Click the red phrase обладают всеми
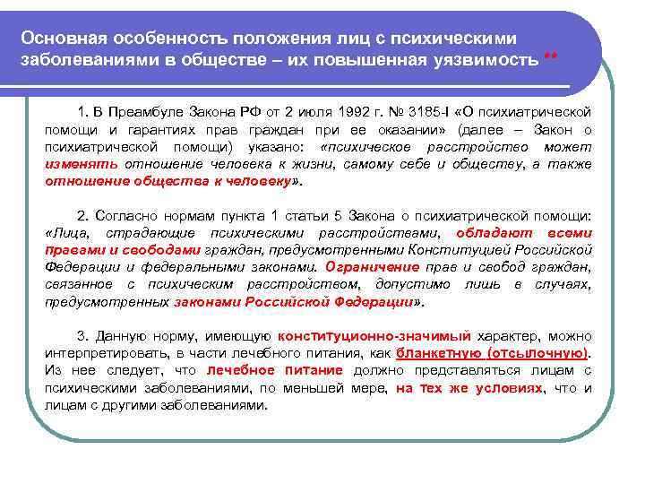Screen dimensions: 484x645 (x=546, y=233)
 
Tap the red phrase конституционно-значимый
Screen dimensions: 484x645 (x=374, y=335)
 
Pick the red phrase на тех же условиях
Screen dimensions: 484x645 (x=469, y=387)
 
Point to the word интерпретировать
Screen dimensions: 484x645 (x=107, y=352)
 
